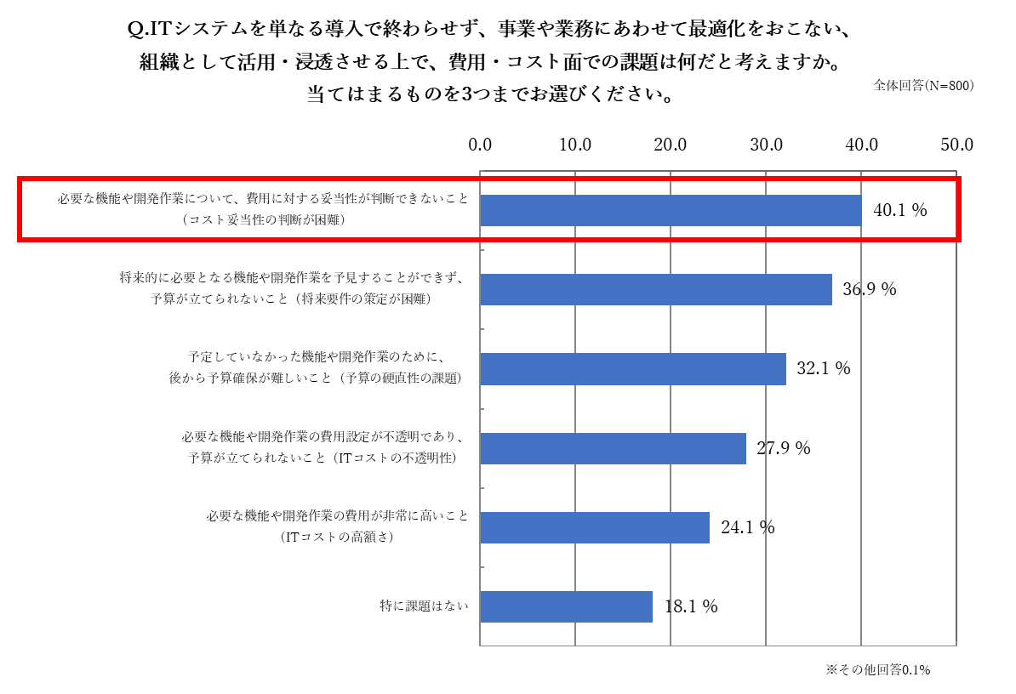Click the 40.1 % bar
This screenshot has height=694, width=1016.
(671, 210)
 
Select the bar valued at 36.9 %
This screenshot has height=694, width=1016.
(656, 289)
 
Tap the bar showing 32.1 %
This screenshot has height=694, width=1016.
(633, 368)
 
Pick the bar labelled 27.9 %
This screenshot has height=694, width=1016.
(613, 448)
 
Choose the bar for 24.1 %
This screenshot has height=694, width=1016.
(595, 527)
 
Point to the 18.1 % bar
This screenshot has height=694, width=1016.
(566, 606)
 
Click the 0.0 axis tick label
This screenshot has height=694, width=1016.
(481, 145)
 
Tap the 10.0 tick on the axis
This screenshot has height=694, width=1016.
(576, 145)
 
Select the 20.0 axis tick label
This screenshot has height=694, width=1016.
(671, 145)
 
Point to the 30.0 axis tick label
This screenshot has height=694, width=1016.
(767, 145)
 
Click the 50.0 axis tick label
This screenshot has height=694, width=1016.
(956, 145)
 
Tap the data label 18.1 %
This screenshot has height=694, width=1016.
(691, 607)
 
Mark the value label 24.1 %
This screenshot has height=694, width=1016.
(748, 527)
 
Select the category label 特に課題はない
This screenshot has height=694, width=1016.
(424, 607)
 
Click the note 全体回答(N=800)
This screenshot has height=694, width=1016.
(923, 86)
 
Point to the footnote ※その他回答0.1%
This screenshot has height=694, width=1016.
(877, 670)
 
